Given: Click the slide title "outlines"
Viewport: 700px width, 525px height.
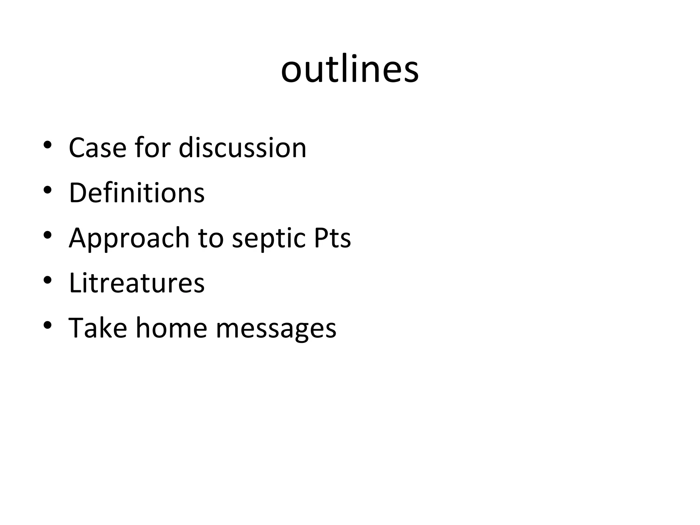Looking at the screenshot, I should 350,70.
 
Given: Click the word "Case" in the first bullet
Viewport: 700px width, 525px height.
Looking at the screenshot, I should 97,148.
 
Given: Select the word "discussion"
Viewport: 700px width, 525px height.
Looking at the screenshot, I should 242,148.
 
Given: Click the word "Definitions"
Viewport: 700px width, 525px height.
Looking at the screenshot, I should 137,193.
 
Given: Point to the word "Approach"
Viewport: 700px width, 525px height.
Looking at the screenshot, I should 129,238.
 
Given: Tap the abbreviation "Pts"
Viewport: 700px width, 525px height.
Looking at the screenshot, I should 332,238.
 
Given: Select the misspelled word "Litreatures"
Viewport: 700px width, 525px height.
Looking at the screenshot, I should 137,283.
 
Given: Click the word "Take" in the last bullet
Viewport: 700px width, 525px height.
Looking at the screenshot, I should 98,328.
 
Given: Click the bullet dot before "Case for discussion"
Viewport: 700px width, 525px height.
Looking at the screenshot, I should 48,145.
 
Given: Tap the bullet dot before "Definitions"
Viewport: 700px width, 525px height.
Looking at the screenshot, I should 48,190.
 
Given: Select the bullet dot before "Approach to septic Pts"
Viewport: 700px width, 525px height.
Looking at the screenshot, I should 48,235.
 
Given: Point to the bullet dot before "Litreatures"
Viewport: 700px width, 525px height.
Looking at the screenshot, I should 48,280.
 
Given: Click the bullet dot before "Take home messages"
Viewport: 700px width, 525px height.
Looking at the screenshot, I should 48,325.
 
